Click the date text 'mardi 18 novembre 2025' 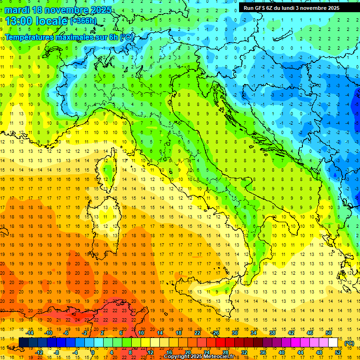(x=59, y=10)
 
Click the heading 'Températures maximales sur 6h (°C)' (x=68, y=37)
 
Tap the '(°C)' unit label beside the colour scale (x=349, y=343)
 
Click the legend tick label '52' (x=338, y=352)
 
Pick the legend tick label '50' (x=329, y=333)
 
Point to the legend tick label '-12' (x=39, y=352)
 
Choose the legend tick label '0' (x=93, y=352)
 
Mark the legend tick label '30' (x=234, y=333)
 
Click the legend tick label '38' (x=272, y=333)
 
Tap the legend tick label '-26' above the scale (x=215, y=333)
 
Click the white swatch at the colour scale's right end (x=333, y=343)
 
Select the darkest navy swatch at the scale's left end (x=23, y=343)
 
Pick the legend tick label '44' (x=300, y=352)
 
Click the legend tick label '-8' (x=57, y=352)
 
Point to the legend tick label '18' (x=179, y=333)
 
